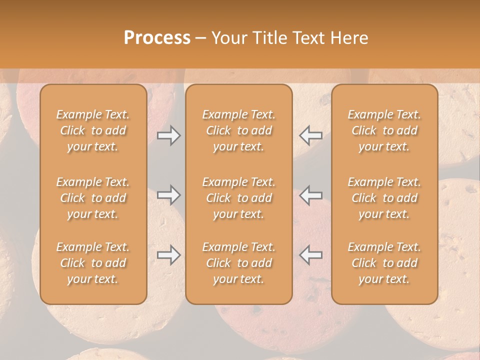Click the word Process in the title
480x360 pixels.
coord(157,38)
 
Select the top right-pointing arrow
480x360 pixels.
coord(168,135)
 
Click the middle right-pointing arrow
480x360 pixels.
coord(168,194)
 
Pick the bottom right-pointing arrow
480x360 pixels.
coord(168,255)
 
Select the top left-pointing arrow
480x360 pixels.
coord(310,135)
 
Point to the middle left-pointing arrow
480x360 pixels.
coord(310,194)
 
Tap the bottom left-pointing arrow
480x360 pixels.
coord(310,255)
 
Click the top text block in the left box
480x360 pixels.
coord(93,130)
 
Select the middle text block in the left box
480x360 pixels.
coord(93,198)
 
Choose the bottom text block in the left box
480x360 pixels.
coord(93,263)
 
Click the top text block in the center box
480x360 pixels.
coord(238,130)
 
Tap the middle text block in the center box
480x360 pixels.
coord(238,198)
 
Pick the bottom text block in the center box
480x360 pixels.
coord(238,263)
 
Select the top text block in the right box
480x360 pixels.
coord(384,130)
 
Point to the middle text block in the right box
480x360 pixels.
coord(384,198)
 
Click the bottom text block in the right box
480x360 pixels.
coord(384,263)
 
